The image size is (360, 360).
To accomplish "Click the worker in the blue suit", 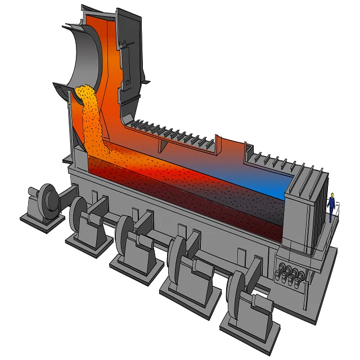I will tap(332, 203).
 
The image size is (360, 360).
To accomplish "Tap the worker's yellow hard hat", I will tap(332, 195).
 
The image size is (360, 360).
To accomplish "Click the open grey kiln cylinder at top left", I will tap(84, 56).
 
